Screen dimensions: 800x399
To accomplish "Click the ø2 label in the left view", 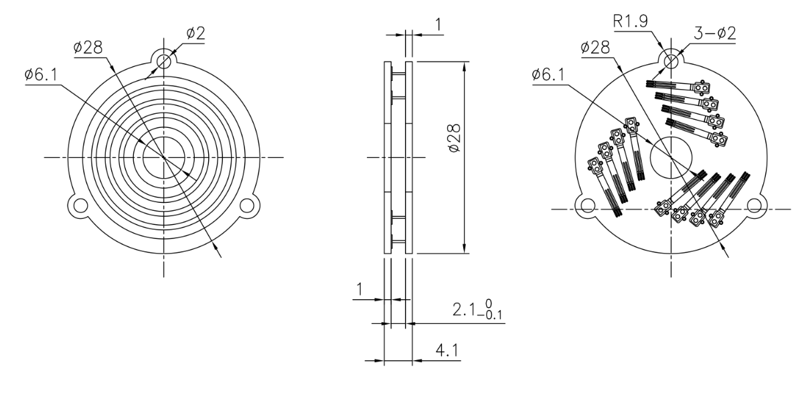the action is pos(195,33).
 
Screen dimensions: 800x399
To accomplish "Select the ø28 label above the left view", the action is pos(88,48).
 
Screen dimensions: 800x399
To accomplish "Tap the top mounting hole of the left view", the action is pos(164,62).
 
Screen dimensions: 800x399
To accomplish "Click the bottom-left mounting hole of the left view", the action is pos(80,205).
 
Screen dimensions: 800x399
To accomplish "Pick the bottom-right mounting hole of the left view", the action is pos(247,205).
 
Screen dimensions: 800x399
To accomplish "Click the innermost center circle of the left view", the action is pos(164,157).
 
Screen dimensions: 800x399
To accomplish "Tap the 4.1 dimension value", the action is pos(447,351).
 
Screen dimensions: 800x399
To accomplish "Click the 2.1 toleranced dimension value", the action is pos(465,309).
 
